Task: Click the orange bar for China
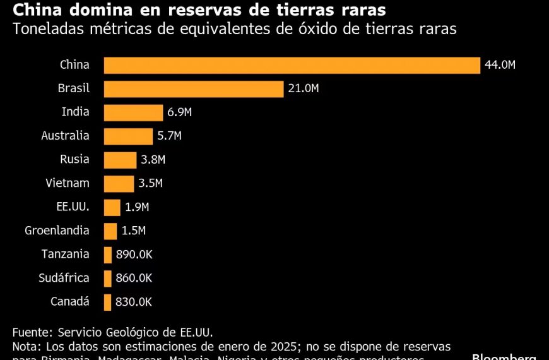(292, 65)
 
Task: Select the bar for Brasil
(193, 89)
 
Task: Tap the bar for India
(133, 112)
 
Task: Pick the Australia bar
(128, 136)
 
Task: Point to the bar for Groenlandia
(110, 231)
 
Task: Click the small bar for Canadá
(108, 302)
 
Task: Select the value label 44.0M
(500, 65)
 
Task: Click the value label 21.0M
(303, 89)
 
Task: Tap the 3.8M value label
(153, 160)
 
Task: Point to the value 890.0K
(134, 255)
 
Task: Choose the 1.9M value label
(136, 207)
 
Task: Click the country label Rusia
(74, 159)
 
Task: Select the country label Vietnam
(68, 183)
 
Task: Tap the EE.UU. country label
(73, 207)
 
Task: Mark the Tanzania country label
(66, 254)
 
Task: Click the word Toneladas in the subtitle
(44, 29)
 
